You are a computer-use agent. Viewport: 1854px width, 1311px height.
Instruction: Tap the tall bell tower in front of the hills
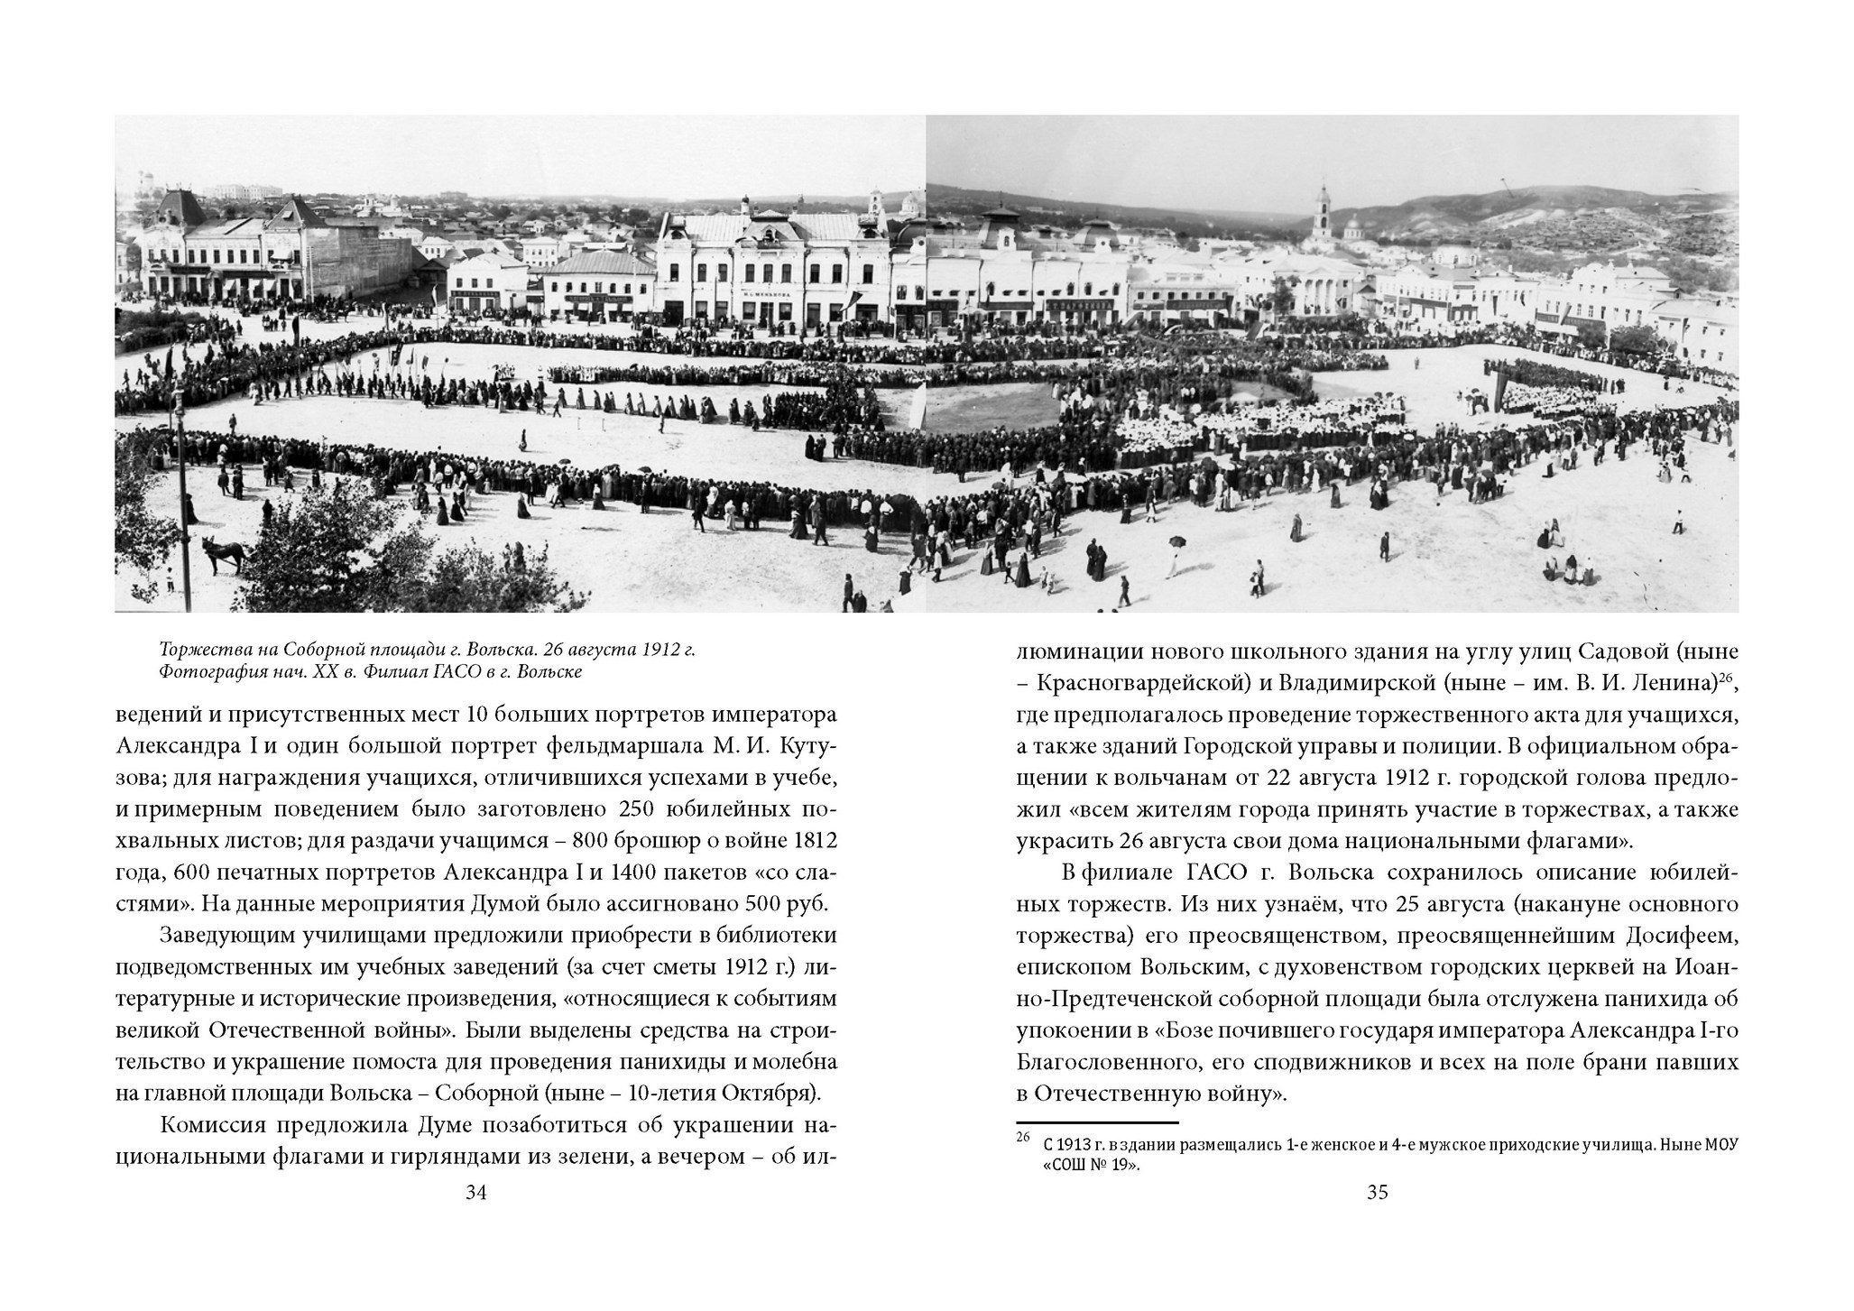click(x=1323, y=221)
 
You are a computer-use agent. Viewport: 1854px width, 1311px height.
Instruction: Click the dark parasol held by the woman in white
click(x=1176, y=542)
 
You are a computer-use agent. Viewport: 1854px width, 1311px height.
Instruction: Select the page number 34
click(x=476, y=1193)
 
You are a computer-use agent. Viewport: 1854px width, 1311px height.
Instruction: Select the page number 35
click(x=1377, y=1193)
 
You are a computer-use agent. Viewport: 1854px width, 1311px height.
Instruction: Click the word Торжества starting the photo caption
click(x=198, y=651)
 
